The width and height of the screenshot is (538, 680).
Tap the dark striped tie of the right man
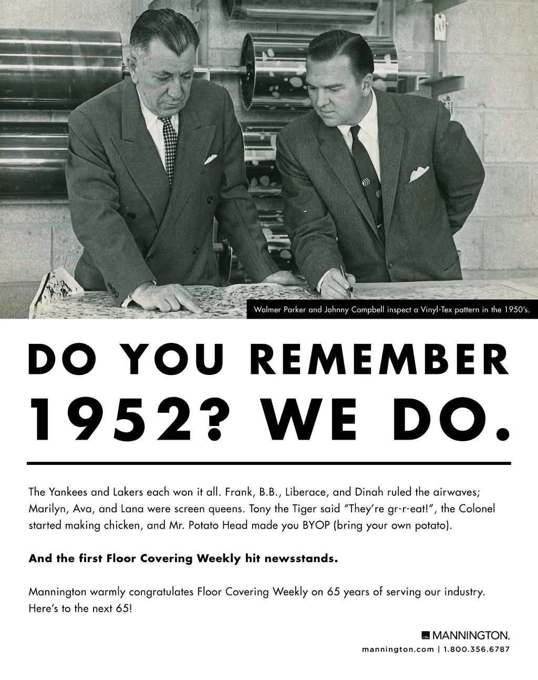[368, 174]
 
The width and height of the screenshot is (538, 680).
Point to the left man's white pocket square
[211, 158]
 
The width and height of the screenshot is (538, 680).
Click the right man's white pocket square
[419, 173]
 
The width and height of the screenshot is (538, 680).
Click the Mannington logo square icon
[426, 635]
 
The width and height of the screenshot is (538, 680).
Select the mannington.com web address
[398, 649]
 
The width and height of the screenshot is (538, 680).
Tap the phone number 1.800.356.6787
[477, 649]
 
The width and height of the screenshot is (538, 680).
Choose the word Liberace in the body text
[307, 492]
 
